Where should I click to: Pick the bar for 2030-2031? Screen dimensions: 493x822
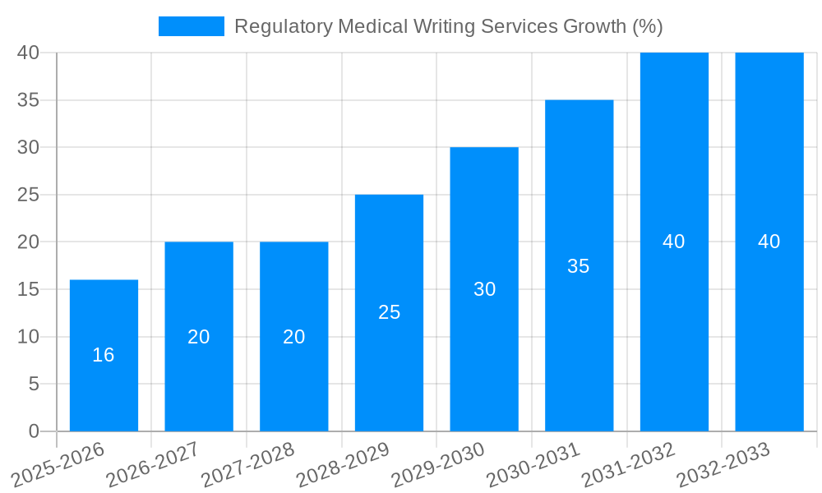(579, 329)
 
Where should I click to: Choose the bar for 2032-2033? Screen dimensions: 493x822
(769, 312)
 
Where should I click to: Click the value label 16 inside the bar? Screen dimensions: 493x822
(104, 355)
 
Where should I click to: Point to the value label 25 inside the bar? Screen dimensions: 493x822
(389, 312)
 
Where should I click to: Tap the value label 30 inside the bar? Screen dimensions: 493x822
(484, 289)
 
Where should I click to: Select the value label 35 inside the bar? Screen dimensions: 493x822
(579, 266)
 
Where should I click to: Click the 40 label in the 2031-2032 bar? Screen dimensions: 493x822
(674, 242)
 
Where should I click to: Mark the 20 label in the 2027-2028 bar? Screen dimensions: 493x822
(294, 337)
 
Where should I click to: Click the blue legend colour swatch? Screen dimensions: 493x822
(191, 26)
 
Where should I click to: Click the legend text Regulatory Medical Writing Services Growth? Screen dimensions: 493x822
(448, 26)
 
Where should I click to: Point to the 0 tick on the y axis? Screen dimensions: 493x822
(34, 431)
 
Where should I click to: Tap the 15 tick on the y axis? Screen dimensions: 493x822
(29, 289)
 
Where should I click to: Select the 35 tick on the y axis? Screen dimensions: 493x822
(29, 100)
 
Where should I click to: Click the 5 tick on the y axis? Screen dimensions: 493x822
(34, 384)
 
